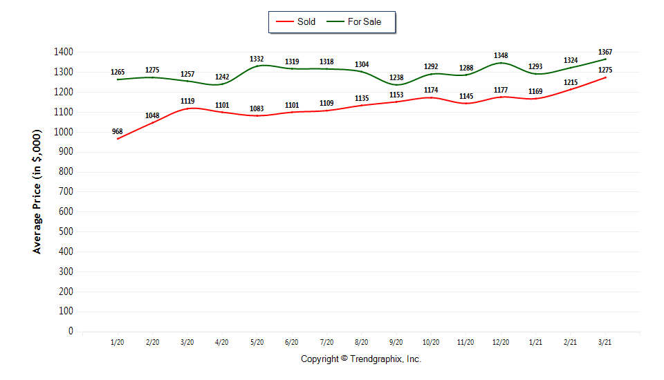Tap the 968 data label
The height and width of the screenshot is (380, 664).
click(118, 131)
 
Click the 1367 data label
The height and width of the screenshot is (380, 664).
click(605, 52)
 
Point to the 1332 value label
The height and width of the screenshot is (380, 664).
click(257, 59)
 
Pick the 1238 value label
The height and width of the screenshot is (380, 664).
click(396, 78)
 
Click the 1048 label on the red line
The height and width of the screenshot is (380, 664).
click(152, 115)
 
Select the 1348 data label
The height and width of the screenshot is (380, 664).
click(501, 55)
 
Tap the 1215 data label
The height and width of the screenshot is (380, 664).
click(571, 82)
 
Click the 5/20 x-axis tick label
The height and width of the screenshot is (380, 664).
click(257, 342)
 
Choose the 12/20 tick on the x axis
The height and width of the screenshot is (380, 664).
click(501, 342)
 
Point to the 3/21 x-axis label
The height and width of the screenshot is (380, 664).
click(605, 342)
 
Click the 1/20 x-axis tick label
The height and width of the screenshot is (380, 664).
click(118, 342)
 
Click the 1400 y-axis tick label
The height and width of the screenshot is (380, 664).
click(63, 52)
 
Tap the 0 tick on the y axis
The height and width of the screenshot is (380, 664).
click(71, 331)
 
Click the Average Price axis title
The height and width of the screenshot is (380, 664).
click(37, 192)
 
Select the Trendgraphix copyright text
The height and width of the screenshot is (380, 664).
click(360, 359)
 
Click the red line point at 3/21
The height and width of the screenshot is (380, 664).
click(605, 77)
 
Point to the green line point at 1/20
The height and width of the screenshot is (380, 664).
click(118, 79)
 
